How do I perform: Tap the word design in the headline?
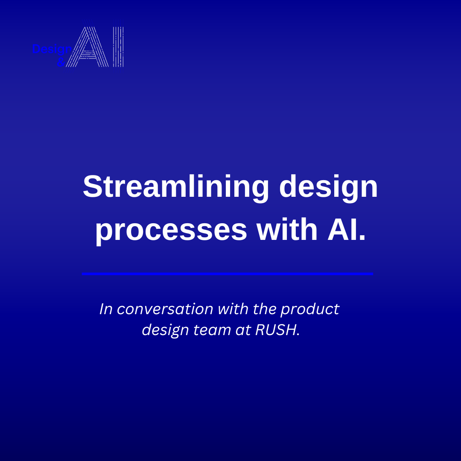pyautogui.click(x=328, y=187)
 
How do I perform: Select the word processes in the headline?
pyautogui.click(x=171, y=230)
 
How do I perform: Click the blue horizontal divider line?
pyautogui.click(x=228, y=274)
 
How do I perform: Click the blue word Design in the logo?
pyautogui.click(x=48, y=50)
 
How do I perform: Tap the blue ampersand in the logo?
pyautogui.click(x=61, y=63)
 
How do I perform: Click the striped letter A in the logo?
pyautogui.click(x=89, y=48)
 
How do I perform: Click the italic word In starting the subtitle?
pyautogui.click(x=106, y=309)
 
